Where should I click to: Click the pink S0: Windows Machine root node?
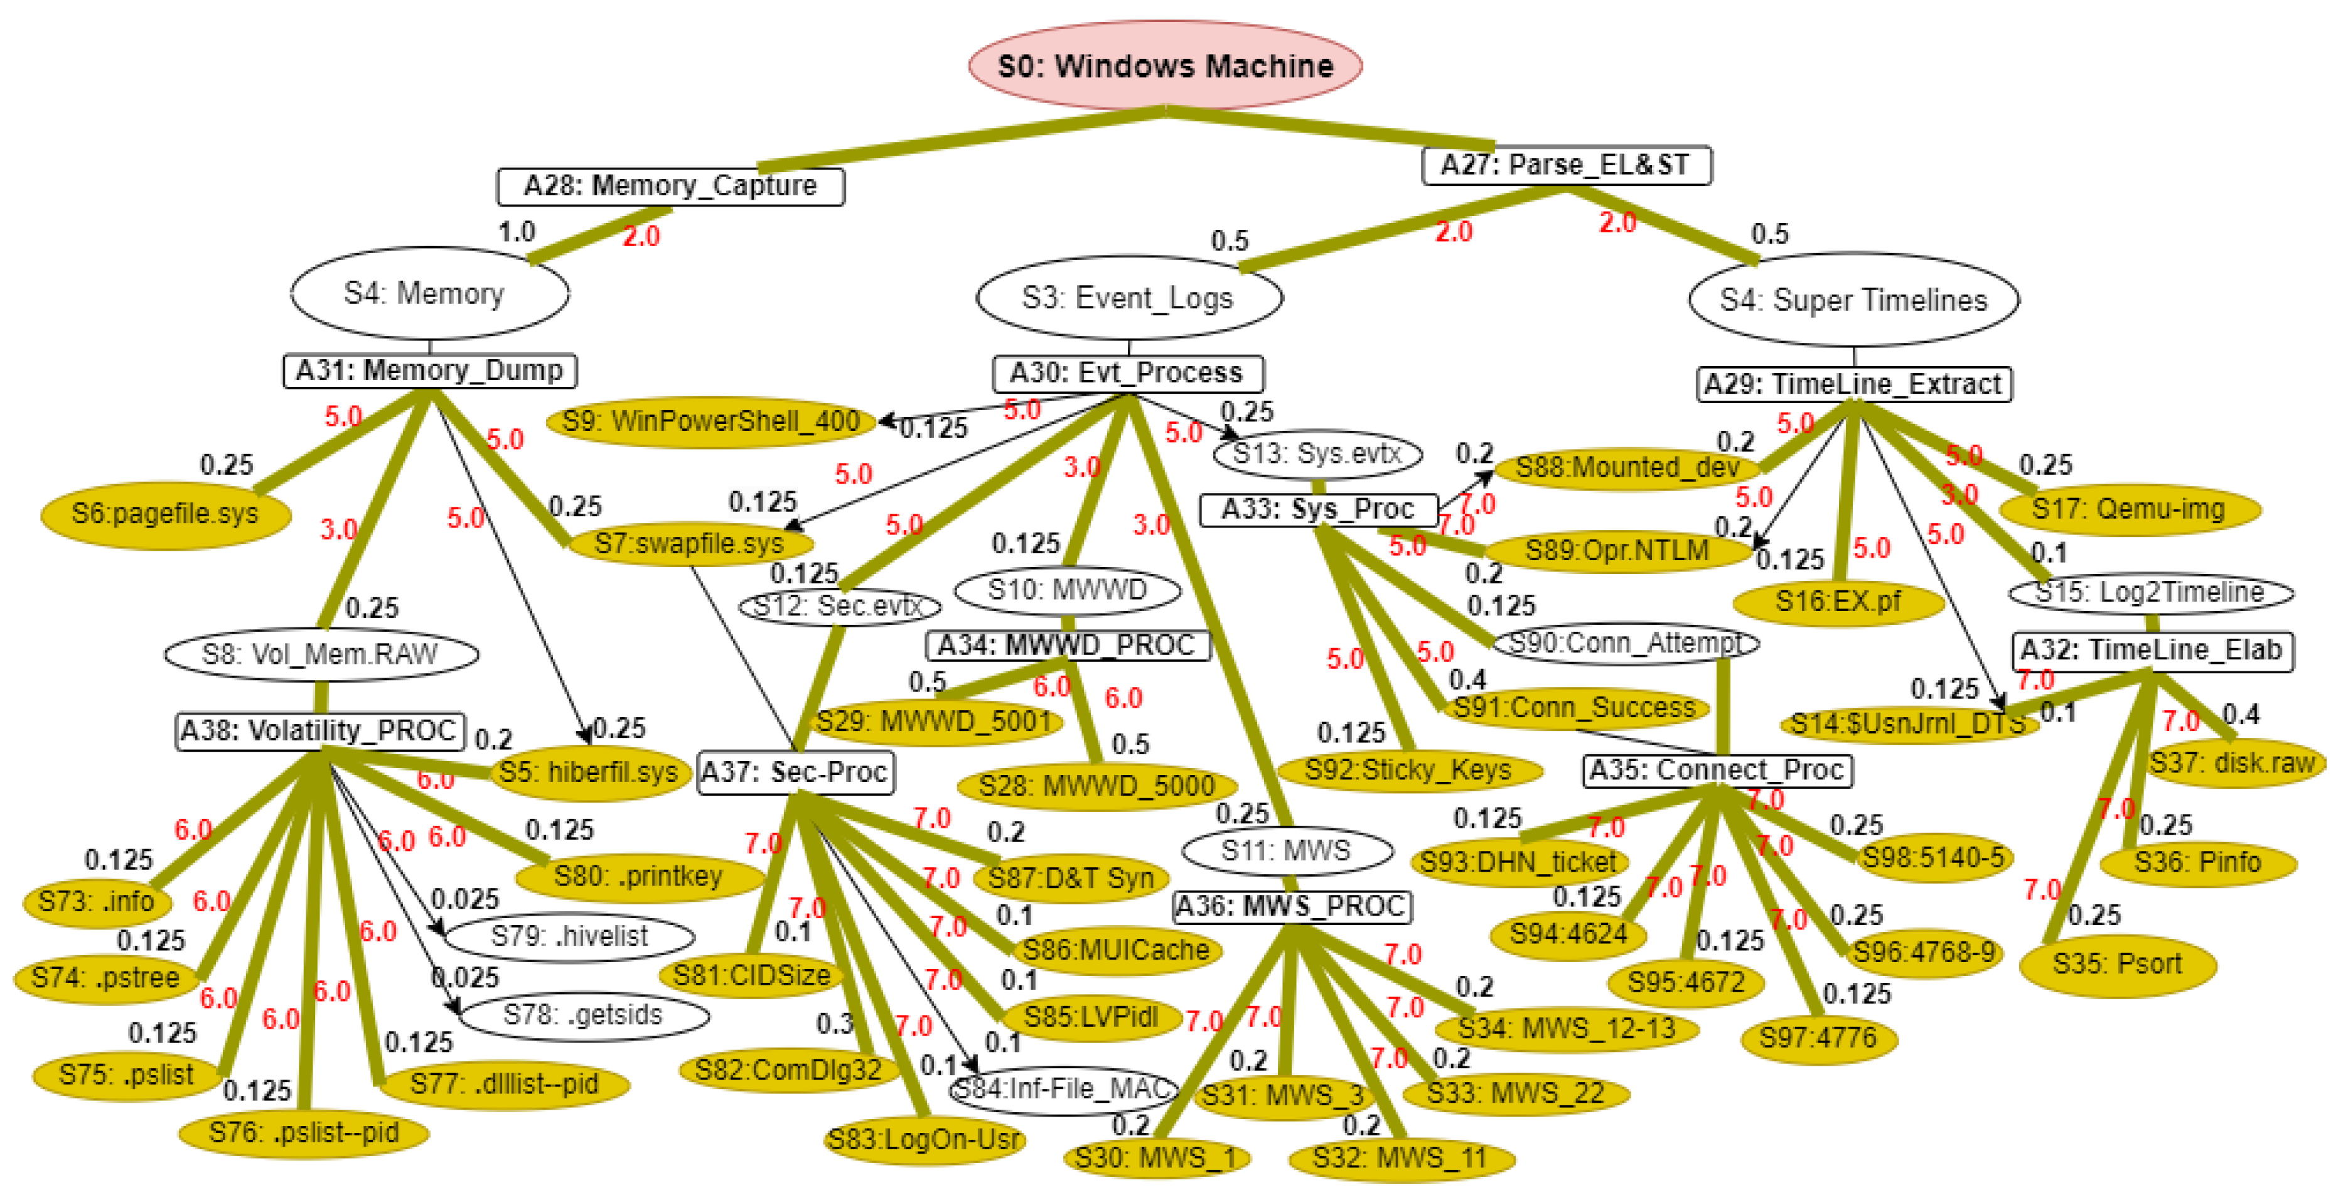click(1165, 66)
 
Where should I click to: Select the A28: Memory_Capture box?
click(670, 186)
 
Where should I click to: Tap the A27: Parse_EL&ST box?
click(1565, 165)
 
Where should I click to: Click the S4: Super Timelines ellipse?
click(1853, 300)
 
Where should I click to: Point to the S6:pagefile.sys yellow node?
click(165, 514)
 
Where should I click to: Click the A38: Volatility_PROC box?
click(319, 730)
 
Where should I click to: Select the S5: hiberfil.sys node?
click(589, 772)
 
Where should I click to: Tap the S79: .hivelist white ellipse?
click(570, 936)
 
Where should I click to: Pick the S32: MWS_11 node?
click(1400, 1158)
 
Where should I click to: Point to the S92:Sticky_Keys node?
click(1408, 770)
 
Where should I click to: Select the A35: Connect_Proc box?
click(1717, 771)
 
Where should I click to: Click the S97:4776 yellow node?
click(1818, 1038)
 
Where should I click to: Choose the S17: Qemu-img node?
click(2128, 509)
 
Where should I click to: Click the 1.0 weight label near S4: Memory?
click(517, 232)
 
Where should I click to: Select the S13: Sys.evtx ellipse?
click(1317, 453)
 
